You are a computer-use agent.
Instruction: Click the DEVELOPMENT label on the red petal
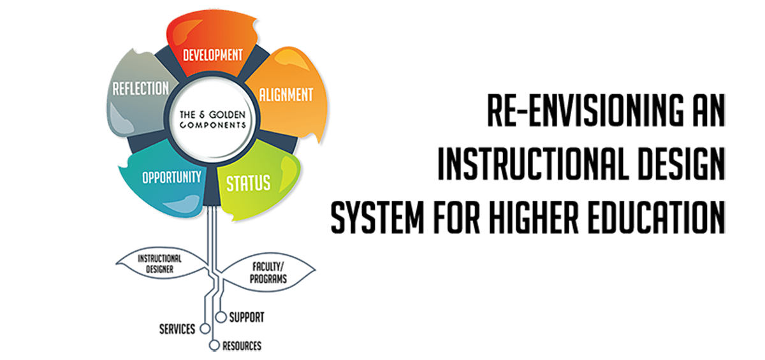tap(213, 54)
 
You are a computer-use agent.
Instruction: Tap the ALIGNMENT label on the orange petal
tap(286, 95)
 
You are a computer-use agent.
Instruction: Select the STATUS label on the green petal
tap(249, 183)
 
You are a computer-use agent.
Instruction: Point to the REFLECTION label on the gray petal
tap(140, 88)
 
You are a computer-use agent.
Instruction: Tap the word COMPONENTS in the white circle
tap(212, 126)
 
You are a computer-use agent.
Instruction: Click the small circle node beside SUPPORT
tap(221, 316)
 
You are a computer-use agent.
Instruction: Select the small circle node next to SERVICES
tap(204, 329)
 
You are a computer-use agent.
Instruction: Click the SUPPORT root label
tap(247, 317)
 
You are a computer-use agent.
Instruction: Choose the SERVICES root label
tap(177, 329)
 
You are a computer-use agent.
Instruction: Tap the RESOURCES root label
tap(242, 346)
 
